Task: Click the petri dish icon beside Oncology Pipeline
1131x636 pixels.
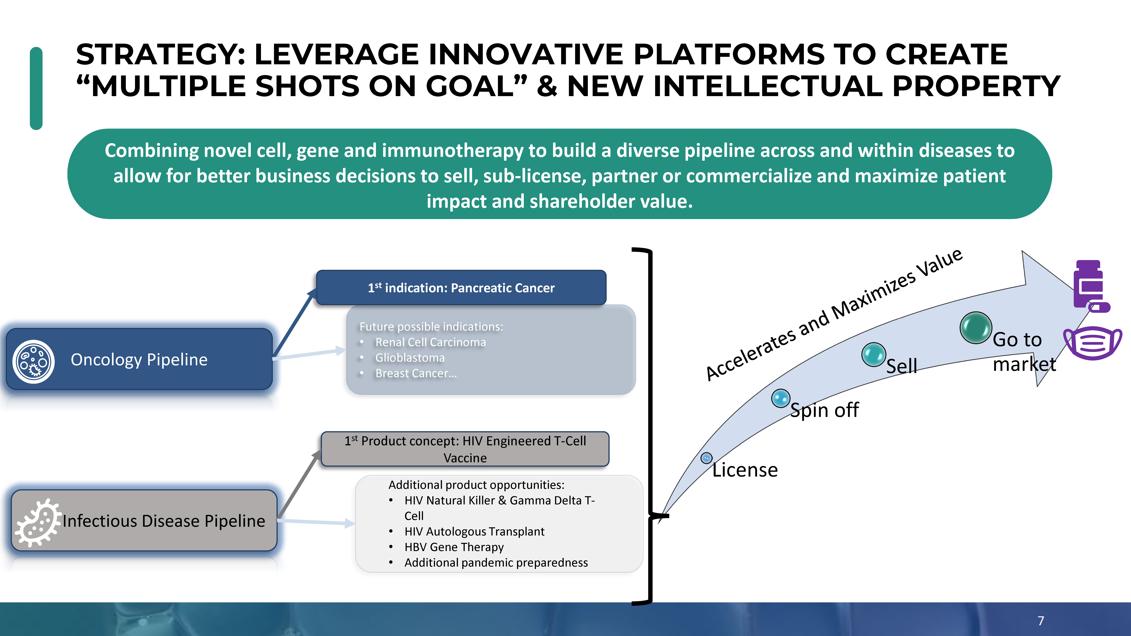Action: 33,362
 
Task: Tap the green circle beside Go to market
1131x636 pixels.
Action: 976,327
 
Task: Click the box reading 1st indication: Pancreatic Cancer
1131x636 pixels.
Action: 461,287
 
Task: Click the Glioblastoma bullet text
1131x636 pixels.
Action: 410,358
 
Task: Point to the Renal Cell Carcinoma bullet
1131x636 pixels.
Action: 430,342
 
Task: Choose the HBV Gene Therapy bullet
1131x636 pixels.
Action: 454,547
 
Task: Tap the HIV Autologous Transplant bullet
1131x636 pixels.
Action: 474,532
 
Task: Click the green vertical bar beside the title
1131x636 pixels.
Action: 36,88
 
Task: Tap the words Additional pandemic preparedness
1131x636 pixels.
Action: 496,563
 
